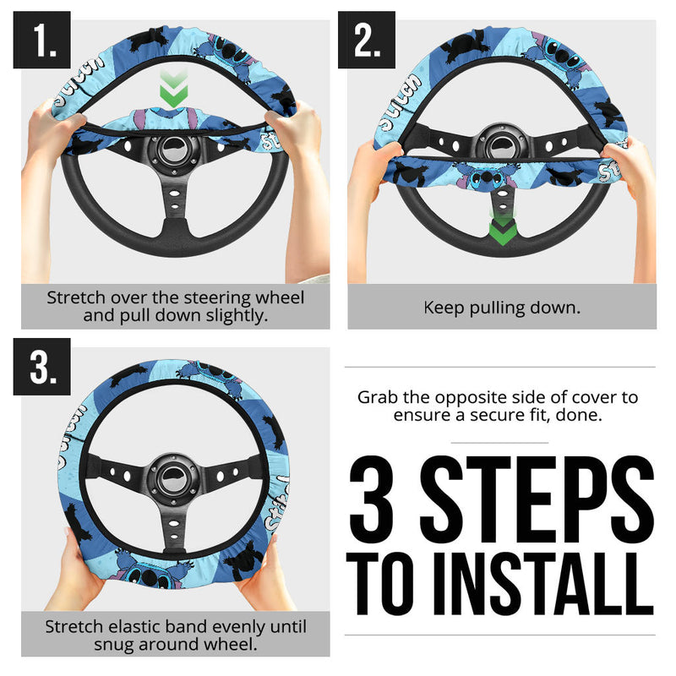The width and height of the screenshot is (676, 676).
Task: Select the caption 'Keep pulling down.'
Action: click(502, 308)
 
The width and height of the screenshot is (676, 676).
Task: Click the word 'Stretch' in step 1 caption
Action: click(77, 298)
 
